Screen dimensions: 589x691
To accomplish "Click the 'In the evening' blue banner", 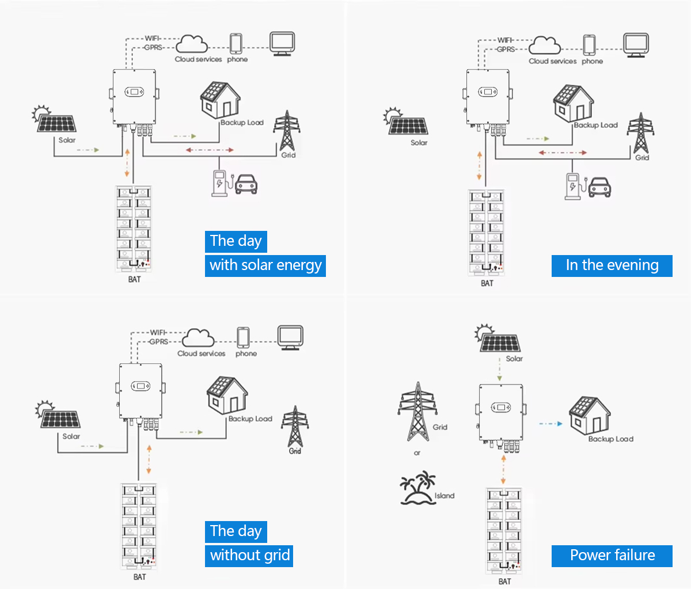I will (612, 265).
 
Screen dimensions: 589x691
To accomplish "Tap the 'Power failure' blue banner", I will (612, 556).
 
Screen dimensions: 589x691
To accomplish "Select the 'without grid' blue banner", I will (249, 556).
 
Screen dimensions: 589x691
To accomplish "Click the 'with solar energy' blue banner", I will (265, 265).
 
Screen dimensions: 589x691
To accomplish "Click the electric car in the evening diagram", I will (599, 187).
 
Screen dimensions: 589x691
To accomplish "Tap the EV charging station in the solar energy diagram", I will (219, 183).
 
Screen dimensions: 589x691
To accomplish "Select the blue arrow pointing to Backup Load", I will (550, 424).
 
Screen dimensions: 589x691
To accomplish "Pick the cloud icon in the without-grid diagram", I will (199, 338).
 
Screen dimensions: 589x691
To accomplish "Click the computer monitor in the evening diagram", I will (636, 45).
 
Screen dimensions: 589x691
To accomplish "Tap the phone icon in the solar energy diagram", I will (236, 44).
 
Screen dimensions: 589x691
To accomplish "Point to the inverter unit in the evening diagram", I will (488, 97).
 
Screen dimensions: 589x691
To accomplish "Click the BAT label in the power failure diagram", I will (504, 582).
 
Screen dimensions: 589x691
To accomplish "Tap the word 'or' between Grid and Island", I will (417, 453).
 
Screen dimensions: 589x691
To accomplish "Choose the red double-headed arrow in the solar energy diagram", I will (210, 150).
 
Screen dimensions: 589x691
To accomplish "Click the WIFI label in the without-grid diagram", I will (158, 332).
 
